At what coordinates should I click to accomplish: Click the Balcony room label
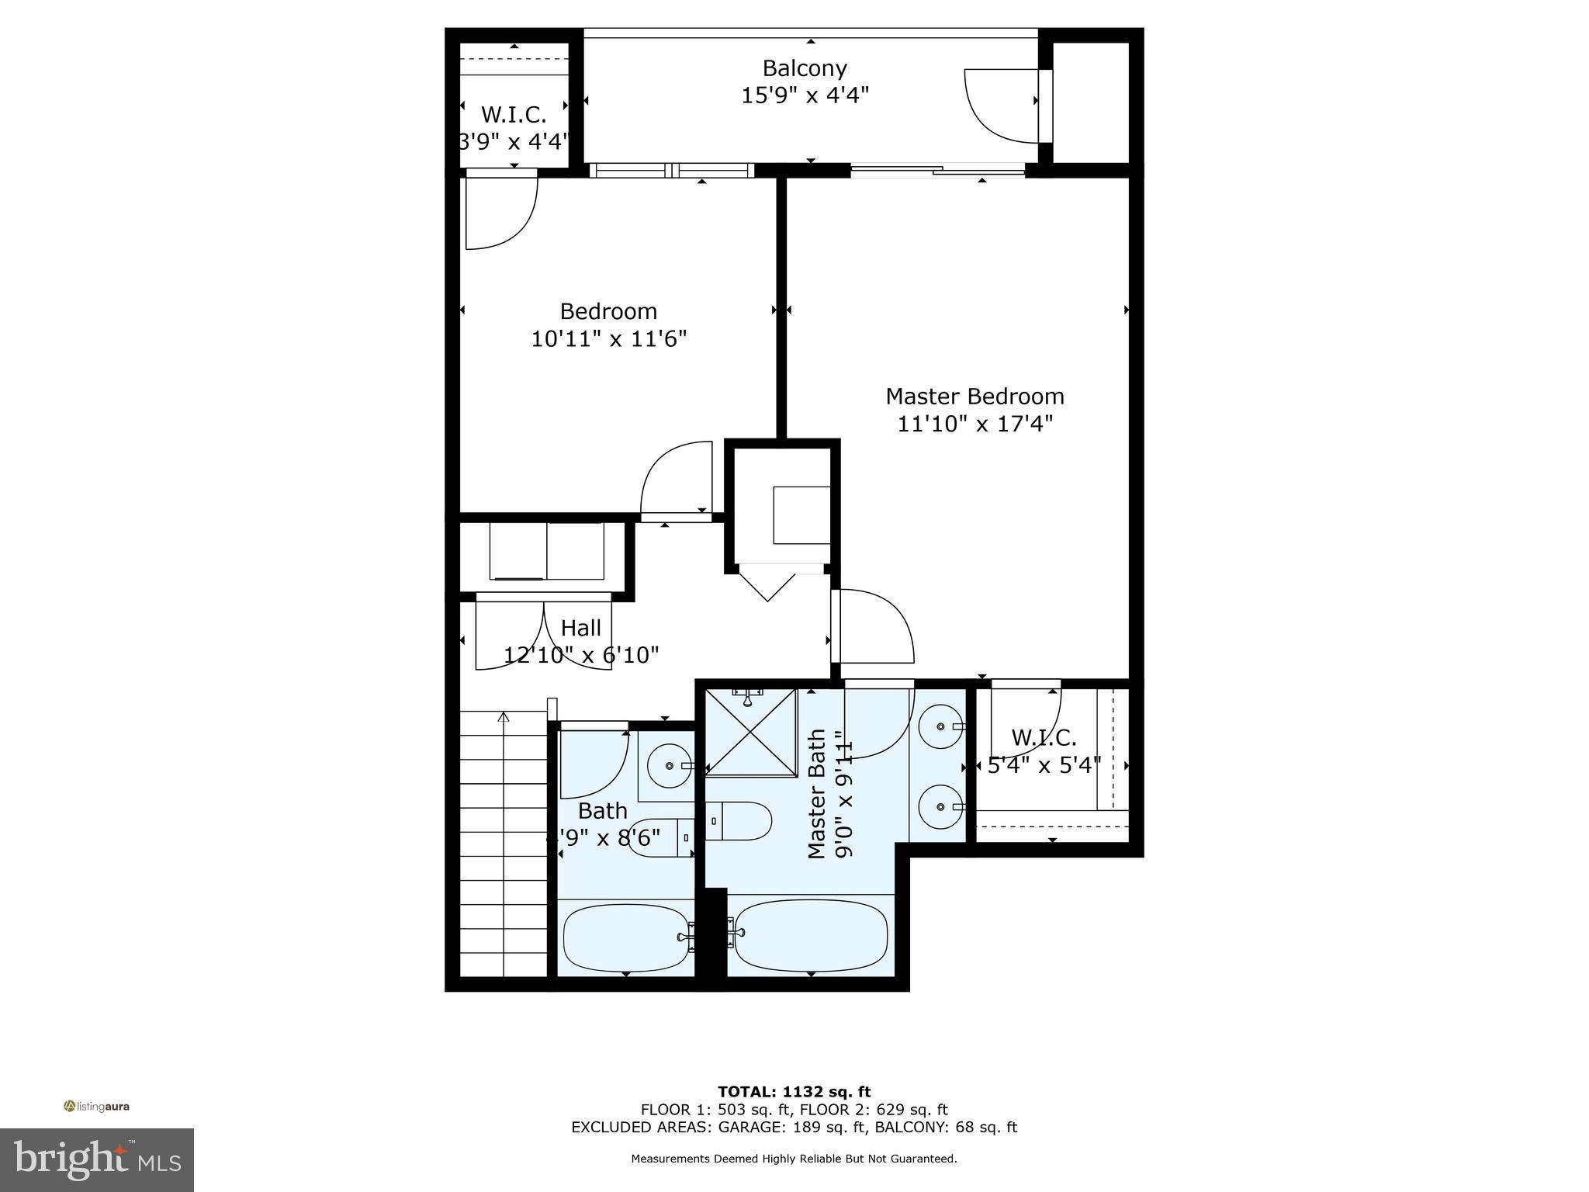(x=804, y=68)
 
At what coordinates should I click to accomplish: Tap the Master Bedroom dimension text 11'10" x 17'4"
(x=975, y=424)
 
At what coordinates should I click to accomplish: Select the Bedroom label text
(x=608, y=311)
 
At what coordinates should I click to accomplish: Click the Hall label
(x=580, y=628)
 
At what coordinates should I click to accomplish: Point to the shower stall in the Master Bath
(x=751, y=732)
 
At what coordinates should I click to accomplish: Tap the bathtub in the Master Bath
(x=810, y=936)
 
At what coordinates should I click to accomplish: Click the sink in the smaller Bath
(x=670, y=766)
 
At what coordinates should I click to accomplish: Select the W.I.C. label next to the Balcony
(x=514, y=115)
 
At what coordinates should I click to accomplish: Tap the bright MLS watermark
(x=97, y=1159)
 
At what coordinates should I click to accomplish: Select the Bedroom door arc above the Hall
(x=675, y=477)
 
